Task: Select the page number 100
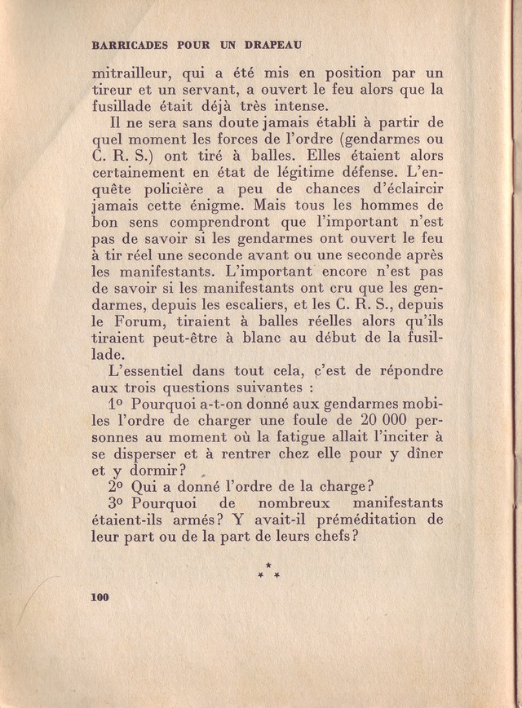pyautogui.click(x=100, y=597)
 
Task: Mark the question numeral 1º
pyautogui.click(x=115, y=404)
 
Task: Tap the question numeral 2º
pyautogui.click(x=115, y=486)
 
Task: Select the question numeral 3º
pyautogui.click(x=115, y=502)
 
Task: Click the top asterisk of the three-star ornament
pyautogui.click(x=268, y=564)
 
